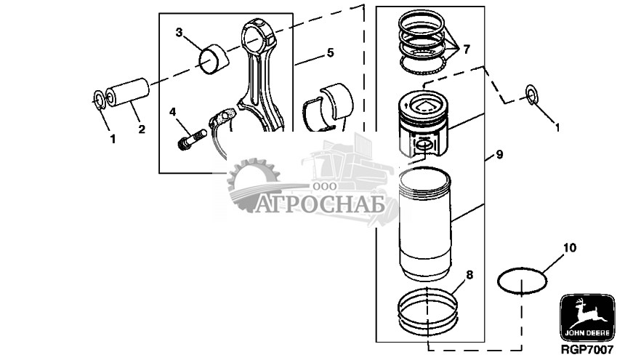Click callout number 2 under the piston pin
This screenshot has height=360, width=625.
142,130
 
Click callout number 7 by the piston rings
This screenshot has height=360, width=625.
466,49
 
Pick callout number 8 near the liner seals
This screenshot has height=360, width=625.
469,275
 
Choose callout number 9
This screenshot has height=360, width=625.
499,154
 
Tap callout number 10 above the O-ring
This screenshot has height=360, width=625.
570,248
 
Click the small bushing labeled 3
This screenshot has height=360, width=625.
214,59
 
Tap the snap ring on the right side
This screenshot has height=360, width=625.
532,93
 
